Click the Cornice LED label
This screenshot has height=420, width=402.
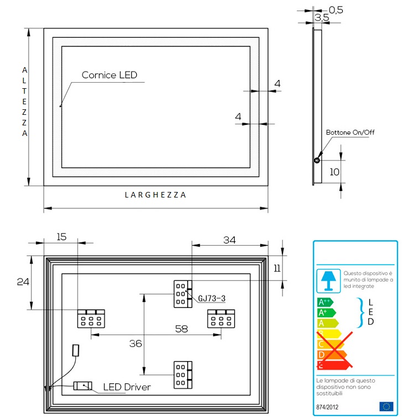click(109, 75)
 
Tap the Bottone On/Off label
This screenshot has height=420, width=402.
click(350, 132)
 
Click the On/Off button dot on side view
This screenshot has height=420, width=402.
click(317, 161)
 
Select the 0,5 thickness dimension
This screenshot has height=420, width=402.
click(336, 9)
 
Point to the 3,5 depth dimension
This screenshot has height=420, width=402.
click(322, 18)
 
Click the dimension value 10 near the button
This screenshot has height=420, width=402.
click(334, 172)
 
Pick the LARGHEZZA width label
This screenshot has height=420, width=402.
click(155, 195)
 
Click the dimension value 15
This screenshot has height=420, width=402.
click(61, 237)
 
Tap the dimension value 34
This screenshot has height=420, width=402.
click(229, 240)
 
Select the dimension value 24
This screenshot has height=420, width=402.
click(23, 281)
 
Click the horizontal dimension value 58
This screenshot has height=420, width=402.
click(181, 329)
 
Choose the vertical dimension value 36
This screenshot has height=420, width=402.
click(136, 344)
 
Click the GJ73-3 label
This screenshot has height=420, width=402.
click(212, 298)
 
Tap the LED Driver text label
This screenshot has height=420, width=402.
click(127, 387)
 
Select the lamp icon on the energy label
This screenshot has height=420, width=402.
click(328, 280)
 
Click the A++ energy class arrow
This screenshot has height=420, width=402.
click(324, 302)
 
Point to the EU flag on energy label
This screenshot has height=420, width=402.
click(385, 407)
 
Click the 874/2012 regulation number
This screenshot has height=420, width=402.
click(327, 407)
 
